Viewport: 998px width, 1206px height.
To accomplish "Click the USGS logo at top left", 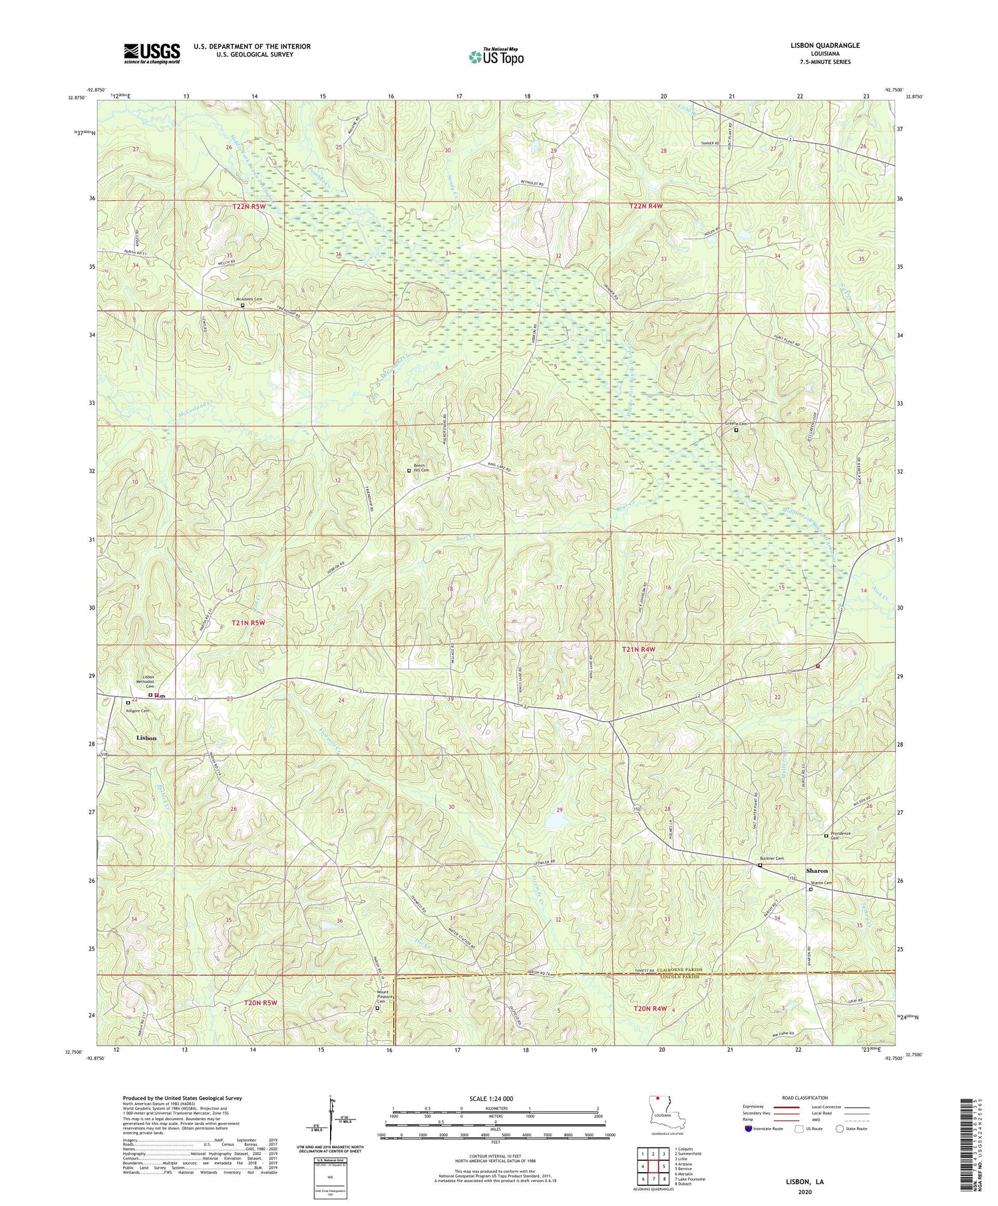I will (151, 53).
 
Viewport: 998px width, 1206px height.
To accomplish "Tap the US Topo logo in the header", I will (495, 57).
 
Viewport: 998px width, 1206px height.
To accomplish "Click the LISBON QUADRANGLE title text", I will (822, 45).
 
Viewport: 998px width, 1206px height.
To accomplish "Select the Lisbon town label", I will (146, 738).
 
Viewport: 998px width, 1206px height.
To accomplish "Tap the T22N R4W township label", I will (646, 207).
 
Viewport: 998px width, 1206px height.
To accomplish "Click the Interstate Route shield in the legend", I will (748, 1128).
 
